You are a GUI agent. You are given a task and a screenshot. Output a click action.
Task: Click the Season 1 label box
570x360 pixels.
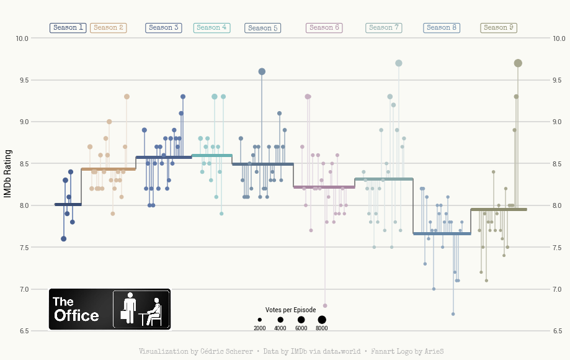(x=68, y=28)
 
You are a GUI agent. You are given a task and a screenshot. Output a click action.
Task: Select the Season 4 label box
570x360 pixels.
(x=212, y=28)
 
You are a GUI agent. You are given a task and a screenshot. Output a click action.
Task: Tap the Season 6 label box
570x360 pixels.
(x=324, y=28)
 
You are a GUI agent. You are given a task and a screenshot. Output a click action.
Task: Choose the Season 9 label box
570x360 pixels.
(x=499, y=28)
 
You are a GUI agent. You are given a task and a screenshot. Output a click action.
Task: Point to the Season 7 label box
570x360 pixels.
(x=384, y=28)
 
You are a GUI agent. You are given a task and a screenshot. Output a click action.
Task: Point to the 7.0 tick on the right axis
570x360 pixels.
(x=558, y=289)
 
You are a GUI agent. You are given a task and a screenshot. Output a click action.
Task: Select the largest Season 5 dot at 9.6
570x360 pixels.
(x=262, y=72)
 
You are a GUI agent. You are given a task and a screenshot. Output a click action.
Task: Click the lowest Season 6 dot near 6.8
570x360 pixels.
(x=325, y=306)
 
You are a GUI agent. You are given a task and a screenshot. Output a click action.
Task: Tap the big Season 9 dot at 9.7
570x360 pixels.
(x=518, y=63)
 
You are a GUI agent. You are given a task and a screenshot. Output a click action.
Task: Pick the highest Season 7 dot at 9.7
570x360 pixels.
(x=399, y=63)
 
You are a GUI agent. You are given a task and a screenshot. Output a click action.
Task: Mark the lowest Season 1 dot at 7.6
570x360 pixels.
(x=63, y=239)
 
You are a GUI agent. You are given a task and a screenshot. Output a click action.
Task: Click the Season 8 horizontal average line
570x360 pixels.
(x=442, y=234)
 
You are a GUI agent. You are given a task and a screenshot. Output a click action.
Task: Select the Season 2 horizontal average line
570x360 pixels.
(x=109, y=169)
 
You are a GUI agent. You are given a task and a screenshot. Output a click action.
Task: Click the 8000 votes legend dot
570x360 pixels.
(x=322, y=319)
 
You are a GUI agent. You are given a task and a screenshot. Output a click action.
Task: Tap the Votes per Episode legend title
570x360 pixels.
(x=290, y=310)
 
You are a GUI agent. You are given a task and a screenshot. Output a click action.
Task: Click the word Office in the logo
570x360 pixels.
(x=76, y=315)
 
